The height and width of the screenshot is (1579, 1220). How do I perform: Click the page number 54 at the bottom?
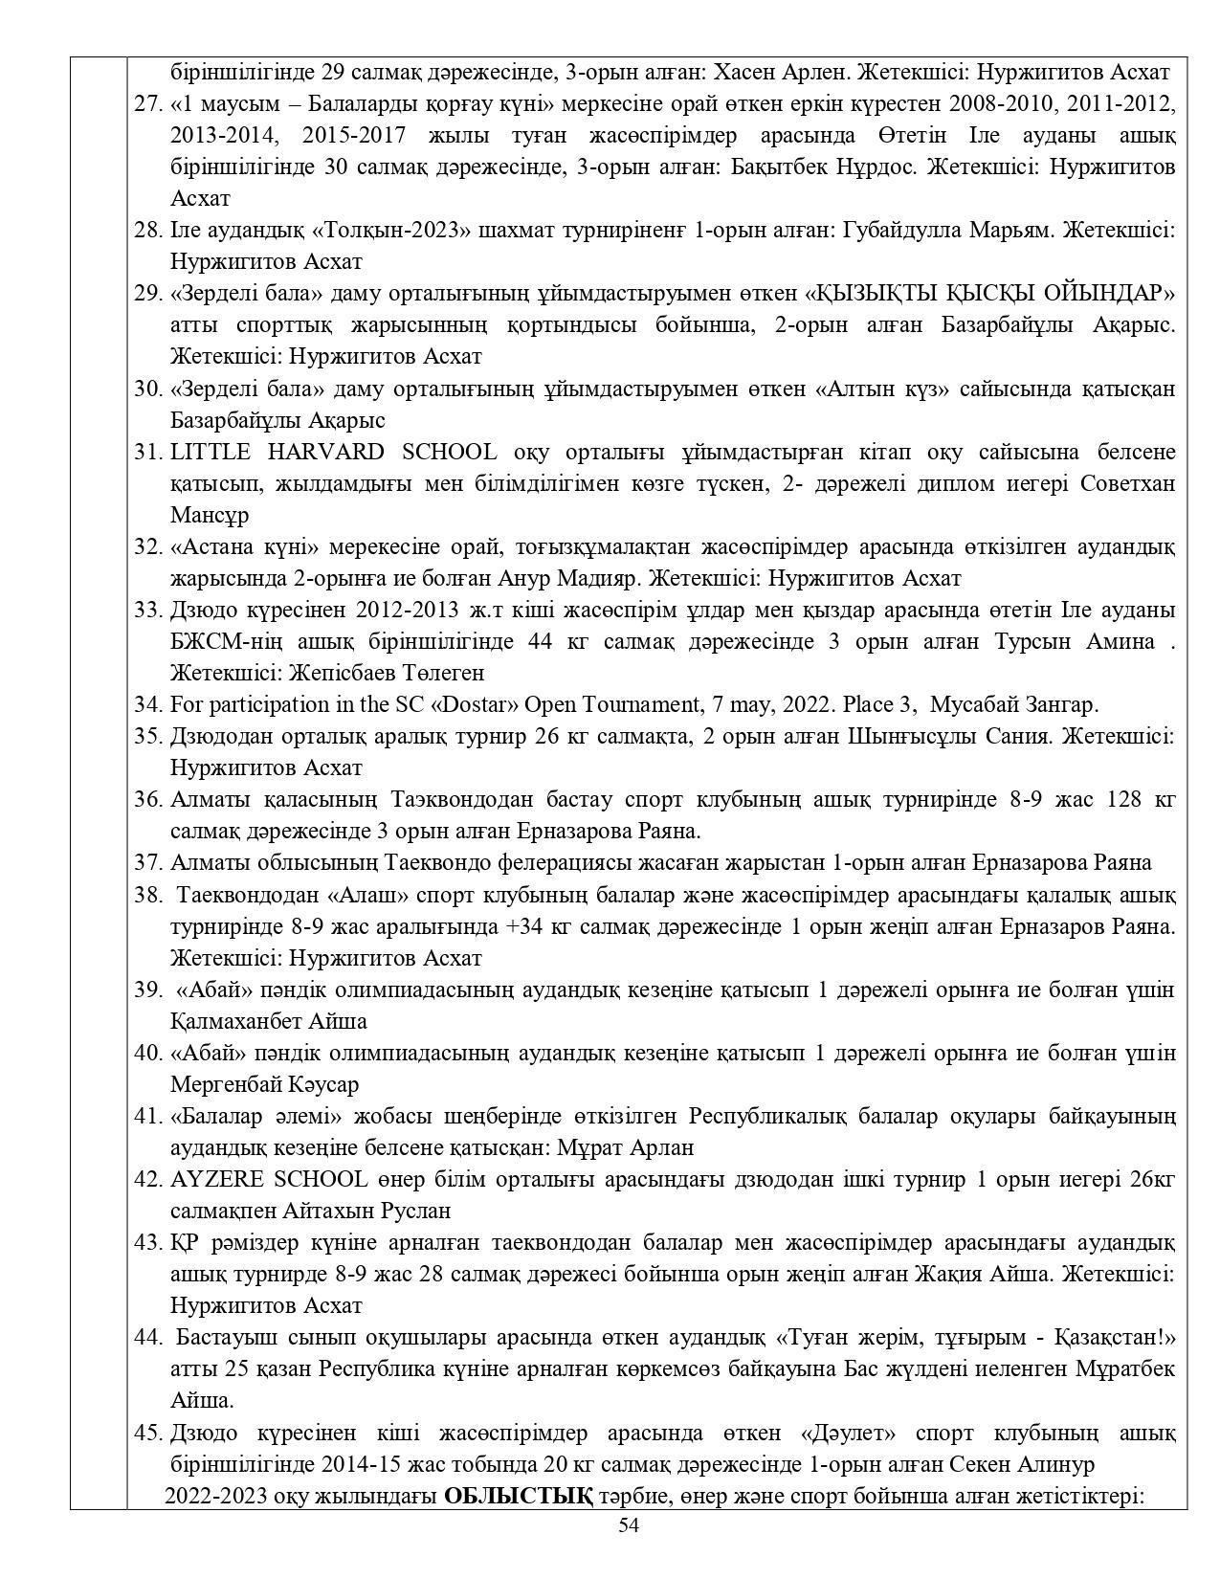tap(628, 1525)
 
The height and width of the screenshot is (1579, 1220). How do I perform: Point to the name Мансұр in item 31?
tap(210, 515)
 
